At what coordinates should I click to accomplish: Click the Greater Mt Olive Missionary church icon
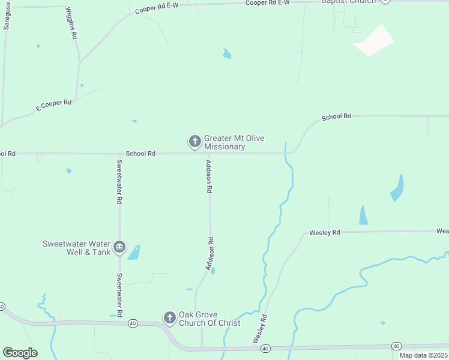194,142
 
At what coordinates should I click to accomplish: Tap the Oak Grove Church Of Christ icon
170,317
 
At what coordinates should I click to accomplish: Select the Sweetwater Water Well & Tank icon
119,247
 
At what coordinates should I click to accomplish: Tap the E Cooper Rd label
53,105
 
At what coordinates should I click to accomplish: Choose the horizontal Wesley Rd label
324,232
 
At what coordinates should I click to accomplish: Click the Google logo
20,353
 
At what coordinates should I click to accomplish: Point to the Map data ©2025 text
423,355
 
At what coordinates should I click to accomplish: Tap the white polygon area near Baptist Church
373,40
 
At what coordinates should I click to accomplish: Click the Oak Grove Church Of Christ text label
209,319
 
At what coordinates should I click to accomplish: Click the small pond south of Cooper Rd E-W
227,54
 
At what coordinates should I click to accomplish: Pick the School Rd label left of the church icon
140,154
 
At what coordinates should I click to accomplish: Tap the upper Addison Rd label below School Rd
209,176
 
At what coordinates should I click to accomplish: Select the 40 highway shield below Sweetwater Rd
133,323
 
